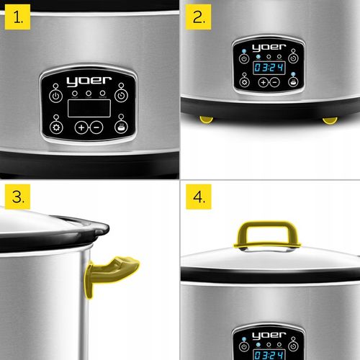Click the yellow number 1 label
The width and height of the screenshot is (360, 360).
pyautogui.click(x=18, y=18)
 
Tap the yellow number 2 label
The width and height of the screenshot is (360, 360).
pyautogui.click(x=199, y=18)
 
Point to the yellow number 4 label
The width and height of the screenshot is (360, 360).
pyautogui.click(x=199, y=199)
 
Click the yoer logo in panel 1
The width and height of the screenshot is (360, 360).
pyautogui.click(x=89, y=81)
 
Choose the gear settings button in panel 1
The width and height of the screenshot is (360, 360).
pyautogui.click(x=56, y=127)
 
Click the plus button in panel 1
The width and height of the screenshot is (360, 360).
pyautogui.click(x=81, y=127)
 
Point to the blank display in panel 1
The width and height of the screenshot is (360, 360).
pyautogui.click(x=89, y=109)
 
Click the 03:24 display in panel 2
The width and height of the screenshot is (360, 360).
pyautogui.click(x=269, y=67)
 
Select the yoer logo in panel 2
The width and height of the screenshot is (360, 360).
pyautogui.click(x=269, y=48)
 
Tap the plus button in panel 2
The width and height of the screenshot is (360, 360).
pyautogui.click(x=264, y=82)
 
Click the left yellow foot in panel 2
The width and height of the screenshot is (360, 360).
pyautogui.click(x=207, y=119)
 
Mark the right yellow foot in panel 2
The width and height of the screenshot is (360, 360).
pyautogui.click(x=330, y=119)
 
